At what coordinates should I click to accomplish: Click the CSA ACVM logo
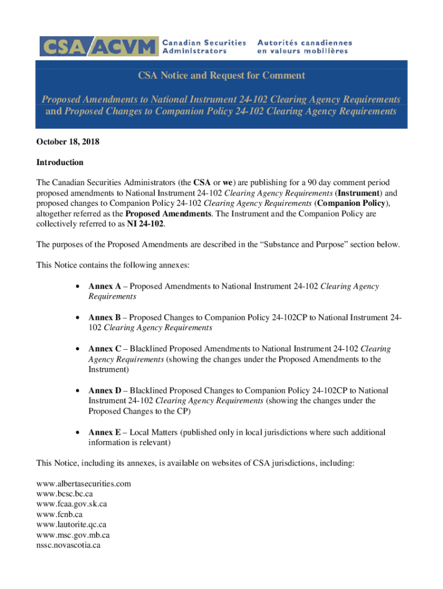pos(98,46)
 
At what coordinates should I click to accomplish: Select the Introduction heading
pos(60,162)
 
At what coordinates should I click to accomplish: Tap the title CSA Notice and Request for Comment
pos(221,75)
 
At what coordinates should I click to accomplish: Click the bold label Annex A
pos(104,286)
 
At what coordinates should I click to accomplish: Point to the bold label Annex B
pos(104,318)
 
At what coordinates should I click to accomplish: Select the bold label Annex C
pos(104,349)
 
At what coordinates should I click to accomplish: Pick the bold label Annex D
pos(105,390)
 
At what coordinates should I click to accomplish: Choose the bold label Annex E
pos(104,432)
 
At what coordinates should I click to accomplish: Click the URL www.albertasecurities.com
pos(83,483)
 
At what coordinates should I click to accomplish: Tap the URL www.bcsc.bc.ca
pos(64,494)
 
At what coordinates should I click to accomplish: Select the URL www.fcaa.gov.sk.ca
pos(71,504)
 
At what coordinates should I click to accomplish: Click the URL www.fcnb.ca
pos(59,514)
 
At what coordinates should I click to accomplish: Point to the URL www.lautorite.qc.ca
pos(71,525)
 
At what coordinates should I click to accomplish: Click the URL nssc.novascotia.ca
pos(68,545)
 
